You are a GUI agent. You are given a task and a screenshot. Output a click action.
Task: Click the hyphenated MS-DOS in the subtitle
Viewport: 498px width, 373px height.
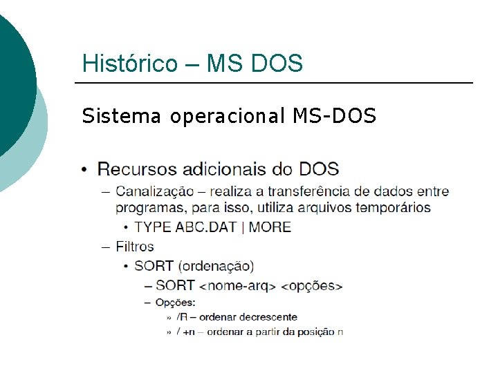[x=334, y=116]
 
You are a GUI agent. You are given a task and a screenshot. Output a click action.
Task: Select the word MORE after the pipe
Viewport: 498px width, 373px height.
[x=270, y=227]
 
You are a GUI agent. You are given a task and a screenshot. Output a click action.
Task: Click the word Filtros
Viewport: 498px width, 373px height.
[x=135, y=246]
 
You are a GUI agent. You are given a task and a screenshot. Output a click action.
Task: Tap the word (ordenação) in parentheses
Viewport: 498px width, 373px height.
[x=216, y=265]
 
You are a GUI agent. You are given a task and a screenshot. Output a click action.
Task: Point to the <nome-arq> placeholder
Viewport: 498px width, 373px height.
[x=237, y=285]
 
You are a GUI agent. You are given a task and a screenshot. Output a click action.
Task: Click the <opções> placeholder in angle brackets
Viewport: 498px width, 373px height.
[x=313, y=285]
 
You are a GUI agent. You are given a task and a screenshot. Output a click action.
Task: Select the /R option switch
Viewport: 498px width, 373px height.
[x=182, y=317]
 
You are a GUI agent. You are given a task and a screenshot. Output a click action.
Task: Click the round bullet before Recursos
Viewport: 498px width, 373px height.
[x=84, y=170]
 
